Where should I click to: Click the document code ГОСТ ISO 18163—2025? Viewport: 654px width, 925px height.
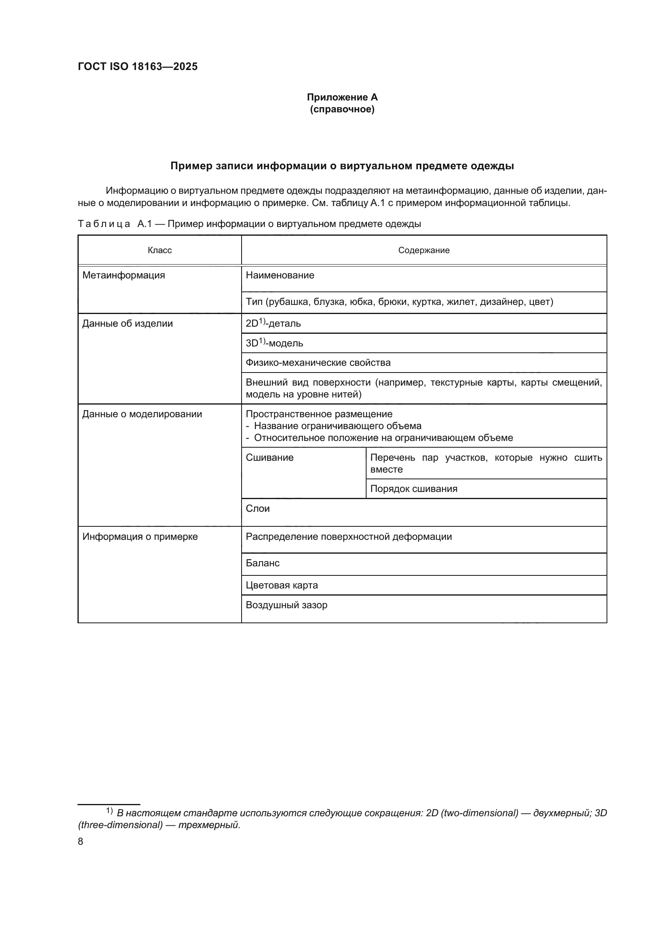point(138,67)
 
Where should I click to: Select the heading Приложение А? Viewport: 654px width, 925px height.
point(342,97)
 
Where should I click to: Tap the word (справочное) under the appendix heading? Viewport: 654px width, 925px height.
point(342,109)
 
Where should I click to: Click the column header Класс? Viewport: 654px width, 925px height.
point(159,250)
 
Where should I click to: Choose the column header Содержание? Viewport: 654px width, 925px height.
point(423,250)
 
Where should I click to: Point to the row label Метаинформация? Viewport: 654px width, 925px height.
point(124,275)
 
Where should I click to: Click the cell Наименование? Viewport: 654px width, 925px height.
point(280,275)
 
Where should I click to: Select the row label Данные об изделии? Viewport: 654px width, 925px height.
point(127,323)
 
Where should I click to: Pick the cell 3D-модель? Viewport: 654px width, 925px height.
point(274,343)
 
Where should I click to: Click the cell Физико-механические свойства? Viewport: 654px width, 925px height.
point(318,363)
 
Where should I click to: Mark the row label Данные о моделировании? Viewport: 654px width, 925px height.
point(142,414)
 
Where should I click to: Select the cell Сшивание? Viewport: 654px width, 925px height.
point(269,458)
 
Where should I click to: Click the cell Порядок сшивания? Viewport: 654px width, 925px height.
point(414,489)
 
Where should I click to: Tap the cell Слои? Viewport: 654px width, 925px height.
point(258,509)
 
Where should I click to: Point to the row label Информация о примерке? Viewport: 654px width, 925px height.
point(140,537)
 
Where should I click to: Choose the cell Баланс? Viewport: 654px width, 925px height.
point(263,563)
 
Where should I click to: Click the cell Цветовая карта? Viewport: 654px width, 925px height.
point(282,585)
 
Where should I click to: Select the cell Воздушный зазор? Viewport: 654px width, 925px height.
point(286,605)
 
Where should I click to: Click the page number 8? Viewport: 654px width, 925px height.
point(81,842)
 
